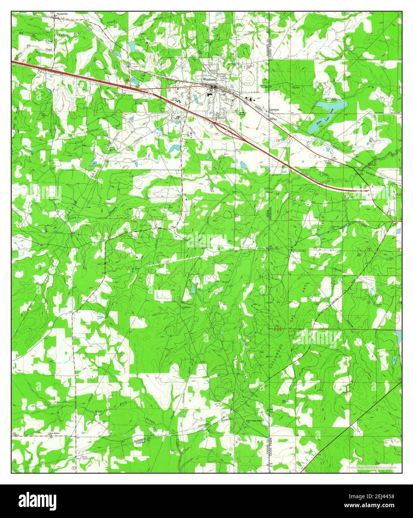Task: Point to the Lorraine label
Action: pos(274,110)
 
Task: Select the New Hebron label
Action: pos(55,433)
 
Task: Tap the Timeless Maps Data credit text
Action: pos(371,467)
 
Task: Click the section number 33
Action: pos(368,302)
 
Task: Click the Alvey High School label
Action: pos(173,99)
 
